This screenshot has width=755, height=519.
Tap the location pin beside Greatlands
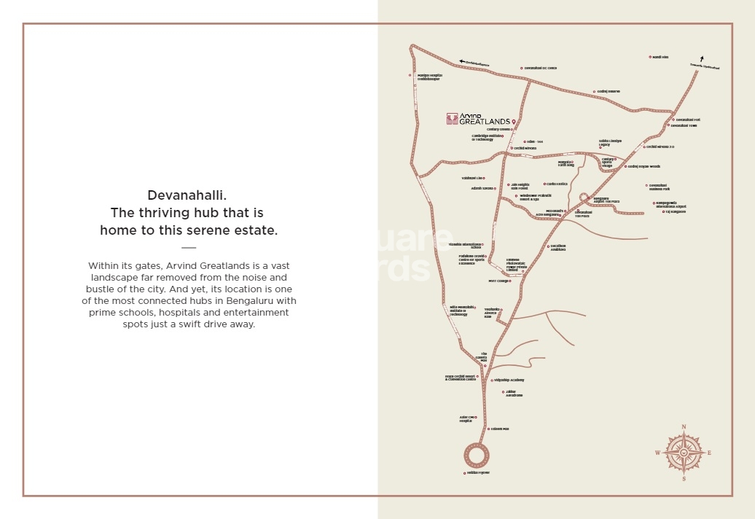514,120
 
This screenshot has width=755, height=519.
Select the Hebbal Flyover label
478,473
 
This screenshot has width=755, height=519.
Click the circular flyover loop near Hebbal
477,456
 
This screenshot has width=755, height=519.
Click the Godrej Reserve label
609,92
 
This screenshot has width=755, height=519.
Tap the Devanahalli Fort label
687,120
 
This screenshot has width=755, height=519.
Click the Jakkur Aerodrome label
514,394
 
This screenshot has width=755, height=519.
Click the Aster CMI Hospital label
466,419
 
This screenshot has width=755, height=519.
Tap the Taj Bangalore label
676,211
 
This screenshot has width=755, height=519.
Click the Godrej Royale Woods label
644,166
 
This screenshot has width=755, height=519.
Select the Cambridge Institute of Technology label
487,137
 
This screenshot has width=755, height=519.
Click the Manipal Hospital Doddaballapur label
429,77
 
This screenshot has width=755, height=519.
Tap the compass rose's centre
684,453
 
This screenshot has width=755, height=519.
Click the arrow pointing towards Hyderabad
701,59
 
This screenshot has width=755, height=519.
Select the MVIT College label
498,281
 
